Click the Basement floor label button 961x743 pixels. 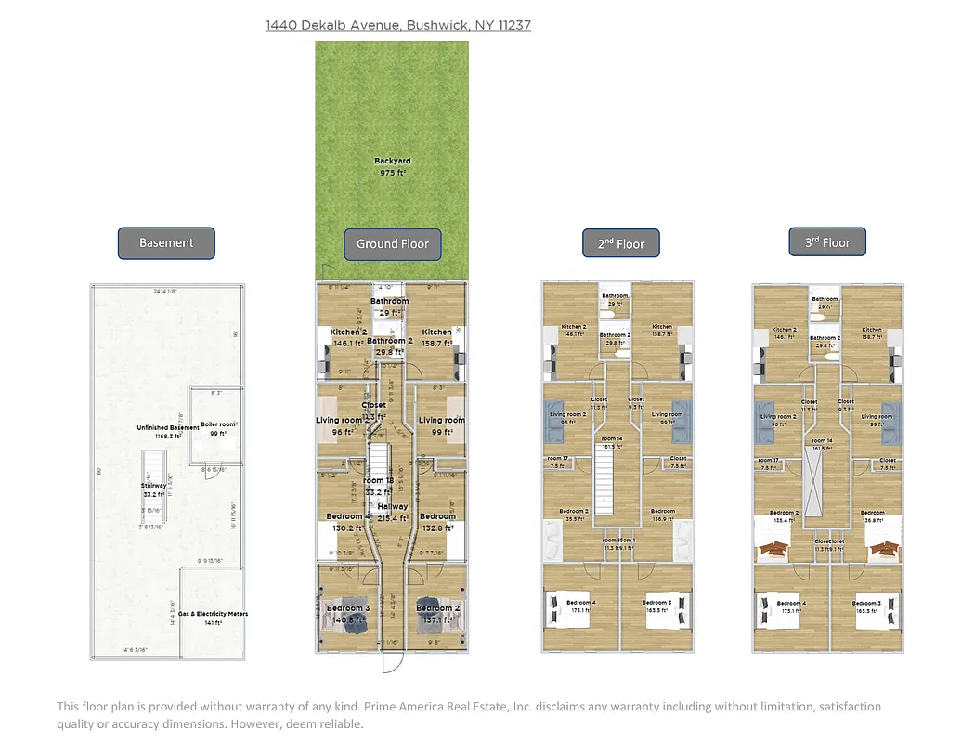pos(166,243)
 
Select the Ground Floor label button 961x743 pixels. pos(393,244)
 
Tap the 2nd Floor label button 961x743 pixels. pos(621,244)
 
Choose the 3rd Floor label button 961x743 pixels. pos(827,242)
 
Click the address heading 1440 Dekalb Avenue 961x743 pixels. pos(398,25)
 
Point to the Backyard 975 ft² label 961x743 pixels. pos(392,167)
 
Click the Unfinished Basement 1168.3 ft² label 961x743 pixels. pos(167,431)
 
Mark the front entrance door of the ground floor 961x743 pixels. pos(391,663)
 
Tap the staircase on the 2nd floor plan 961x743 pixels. pos(606,484)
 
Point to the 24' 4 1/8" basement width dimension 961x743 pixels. pos(168,292)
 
